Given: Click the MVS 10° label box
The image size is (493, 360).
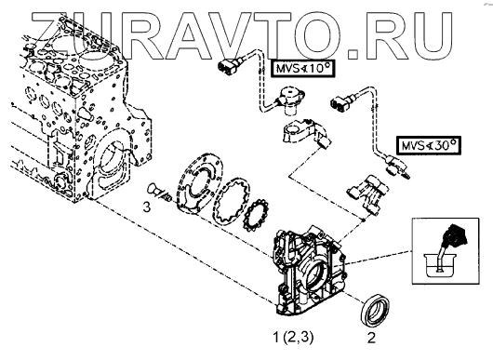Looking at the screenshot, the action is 303,68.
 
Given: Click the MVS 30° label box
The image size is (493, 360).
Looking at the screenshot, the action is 428,145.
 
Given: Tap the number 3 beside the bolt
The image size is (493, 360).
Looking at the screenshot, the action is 147,207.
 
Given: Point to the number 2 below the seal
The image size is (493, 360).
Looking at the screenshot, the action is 372,338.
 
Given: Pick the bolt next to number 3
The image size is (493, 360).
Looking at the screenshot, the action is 159,193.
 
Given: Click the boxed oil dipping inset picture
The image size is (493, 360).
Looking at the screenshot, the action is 446,251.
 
